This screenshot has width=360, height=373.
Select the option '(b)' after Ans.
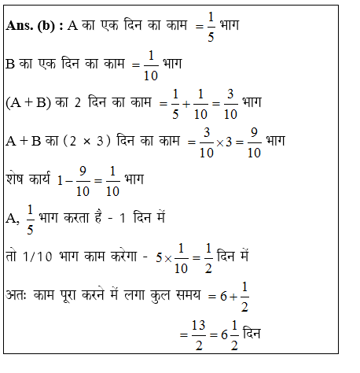49,26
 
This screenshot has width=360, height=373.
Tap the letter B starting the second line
11,64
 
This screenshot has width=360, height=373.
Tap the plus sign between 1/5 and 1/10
200,103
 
